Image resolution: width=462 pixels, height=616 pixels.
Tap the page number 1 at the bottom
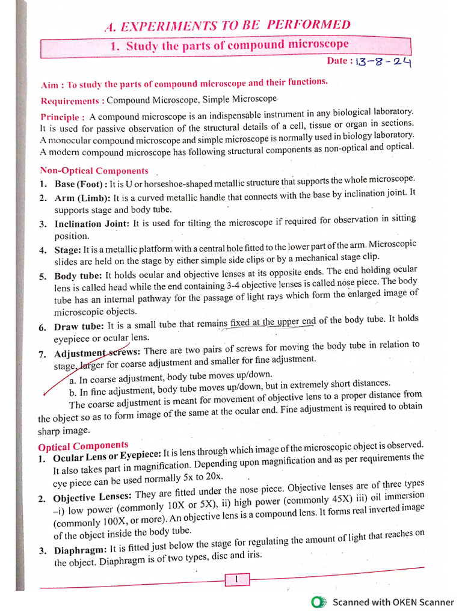coord(237,579)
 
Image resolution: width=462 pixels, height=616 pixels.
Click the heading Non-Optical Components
coord(94,171)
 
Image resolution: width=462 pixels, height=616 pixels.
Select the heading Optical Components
coord(83,446)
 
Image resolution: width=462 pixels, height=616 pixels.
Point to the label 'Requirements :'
coord(72,100)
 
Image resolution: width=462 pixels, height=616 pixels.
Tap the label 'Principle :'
coord(63,117)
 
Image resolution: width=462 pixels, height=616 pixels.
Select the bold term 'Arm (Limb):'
coord(82,198)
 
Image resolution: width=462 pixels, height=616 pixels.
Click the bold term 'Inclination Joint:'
coord(91,224)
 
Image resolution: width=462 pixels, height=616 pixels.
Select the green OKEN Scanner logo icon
coord(319,602)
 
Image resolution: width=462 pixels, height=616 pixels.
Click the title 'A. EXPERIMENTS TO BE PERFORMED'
coord(227,25)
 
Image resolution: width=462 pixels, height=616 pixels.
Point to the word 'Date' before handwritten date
coord(337,61)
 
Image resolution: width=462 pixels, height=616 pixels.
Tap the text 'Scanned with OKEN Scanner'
coord(393,602)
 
